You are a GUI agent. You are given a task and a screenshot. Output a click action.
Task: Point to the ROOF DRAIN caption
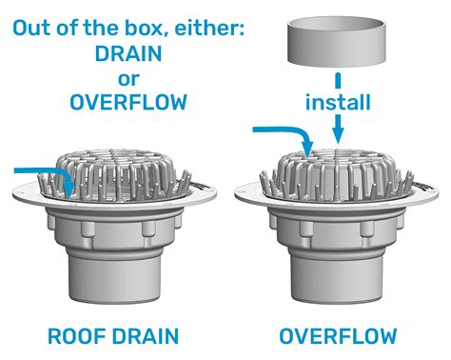pyautogui.click(x=113, y=336)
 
